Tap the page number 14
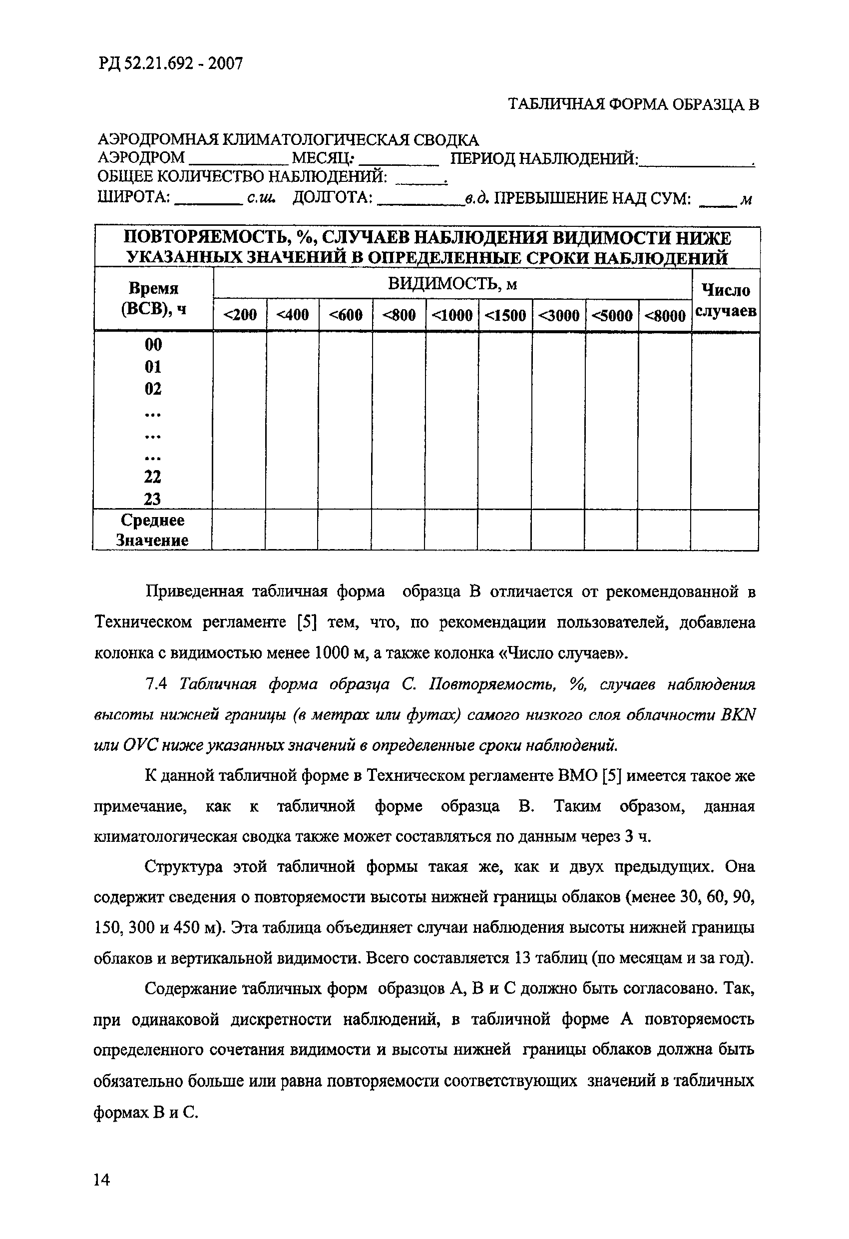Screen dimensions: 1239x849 pyautogui.click(x=101, y=1180)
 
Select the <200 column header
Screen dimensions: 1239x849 pyautogui.click(x=240, y=315)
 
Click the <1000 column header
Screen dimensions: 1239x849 pyautogui.click(x=452, y=316)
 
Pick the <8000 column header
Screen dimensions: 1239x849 pyautogui.click(x=665, y=316)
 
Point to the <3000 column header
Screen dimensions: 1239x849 pyautogui.click(x=558, y=316)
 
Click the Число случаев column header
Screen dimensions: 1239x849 pyautogui.click(x=725, y=300)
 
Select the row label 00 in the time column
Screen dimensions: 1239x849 pyautogui.click(x=153, y=345)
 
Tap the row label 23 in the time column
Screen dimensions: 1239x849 pyautogui.click(x=152, y=499)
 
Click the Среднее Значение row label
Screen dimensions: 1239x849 pyautogui.click(x=152, y=530)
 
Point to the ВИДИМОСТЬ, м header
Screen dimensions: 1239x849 pyautogui.click(x=452, y=284)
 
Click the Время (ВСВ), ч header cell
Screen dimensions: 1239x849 pyautogui.click(x=153, y=299)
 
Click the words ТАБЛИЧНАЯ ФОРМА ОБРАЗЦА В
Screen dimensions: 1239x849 pyautogui.click(x=633, y=104)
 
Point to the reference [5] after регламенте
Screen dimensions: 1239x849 pyautogui.click(x=307, y=622)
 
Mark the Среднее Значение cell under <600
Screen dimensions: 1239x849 pyautogui.click(x=344, y=530)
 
